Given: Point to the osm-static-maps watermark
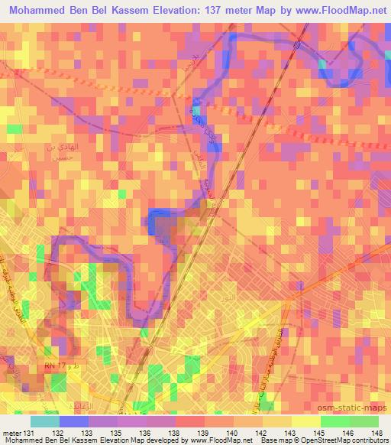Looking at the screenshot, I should tap(357, 406).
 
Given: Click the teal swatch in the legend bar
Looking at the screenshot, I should tap(45, 421).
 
